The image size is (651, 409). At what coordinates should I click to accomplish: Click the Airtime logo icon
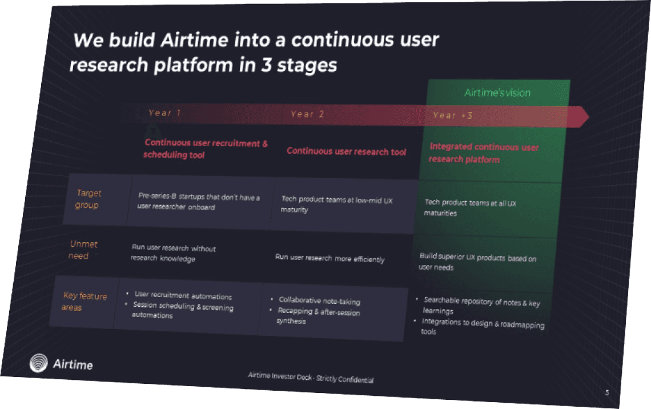[39, 363]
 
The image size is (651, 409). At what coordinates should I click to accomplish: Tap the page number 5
[606, 392]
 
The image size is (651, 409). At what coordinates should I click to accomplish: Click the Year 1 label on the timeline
[164, 113]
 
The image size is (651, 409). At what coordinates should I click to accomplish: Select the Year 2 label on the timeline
[307, 114]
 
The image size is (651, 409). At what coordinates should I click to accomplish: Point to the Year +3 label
[453, 115]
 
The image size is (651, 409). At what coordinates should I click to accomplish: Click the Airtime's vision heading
[497, 93]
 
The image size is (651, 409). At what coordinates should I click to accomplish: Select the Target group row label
[88, 199]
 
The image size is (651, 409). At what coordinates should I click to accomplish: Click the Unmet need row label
[83, 250]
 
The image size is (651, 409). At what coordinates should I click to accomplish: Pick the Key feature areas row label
[84, 302]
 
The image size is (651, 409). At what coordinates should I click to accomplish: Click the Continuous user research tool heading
[347, 151]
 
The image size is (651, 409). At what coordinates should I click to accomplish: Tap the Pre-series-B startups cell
[198, 202]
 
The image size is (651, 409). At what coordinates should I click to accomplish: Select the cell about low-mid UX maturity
[336, 204]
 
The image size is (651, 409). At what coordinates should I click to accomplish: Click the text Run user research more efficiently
[329, 258]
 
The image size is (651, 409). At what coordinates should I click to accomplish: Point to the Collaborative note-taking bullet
[319, 300]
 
